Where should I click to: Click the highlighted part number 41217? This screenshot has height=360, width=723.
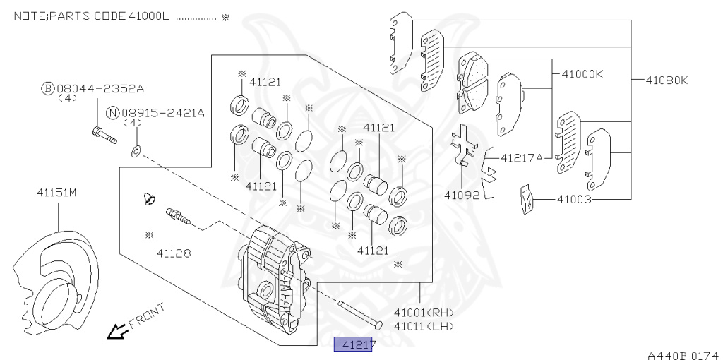coord(352,345)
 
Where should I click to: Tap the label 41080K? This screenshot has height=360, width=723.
coord(665,80)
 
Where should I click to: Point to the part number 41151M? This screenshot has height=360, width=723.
coord(56,192)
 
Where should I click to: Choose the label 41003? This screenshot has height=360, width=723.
coord(573,200)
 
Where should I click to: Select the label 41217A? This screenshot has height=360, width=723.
coord(521,158)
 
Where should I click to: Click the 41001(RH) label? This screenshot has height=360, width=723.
coord(424,312)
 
